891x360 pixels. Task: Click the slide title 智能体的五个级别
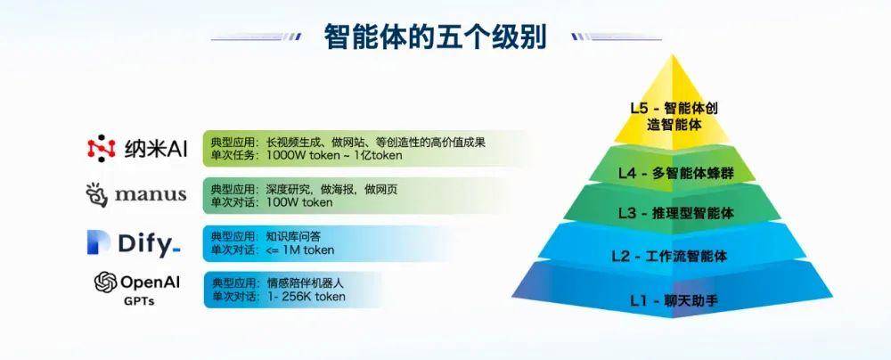436,37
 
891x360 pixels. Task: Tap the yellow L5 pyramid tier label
674,116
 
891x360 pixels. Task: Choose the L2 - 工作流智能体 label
669,256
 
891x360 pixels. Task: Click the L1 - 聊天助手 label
674,300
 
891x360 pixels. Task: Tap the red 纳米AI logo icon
102,148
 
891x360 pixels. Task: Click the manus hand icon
96,194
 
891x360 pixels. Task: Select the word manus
151,194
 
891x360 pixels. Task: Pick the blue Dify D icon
98,242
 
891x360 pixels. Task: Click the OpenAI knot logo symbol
106,282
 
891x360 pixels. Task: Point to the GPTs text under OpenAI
139,301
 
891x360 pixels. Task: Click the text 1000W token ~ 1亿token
334,155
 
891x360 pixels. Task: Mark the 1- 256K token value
306,297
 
